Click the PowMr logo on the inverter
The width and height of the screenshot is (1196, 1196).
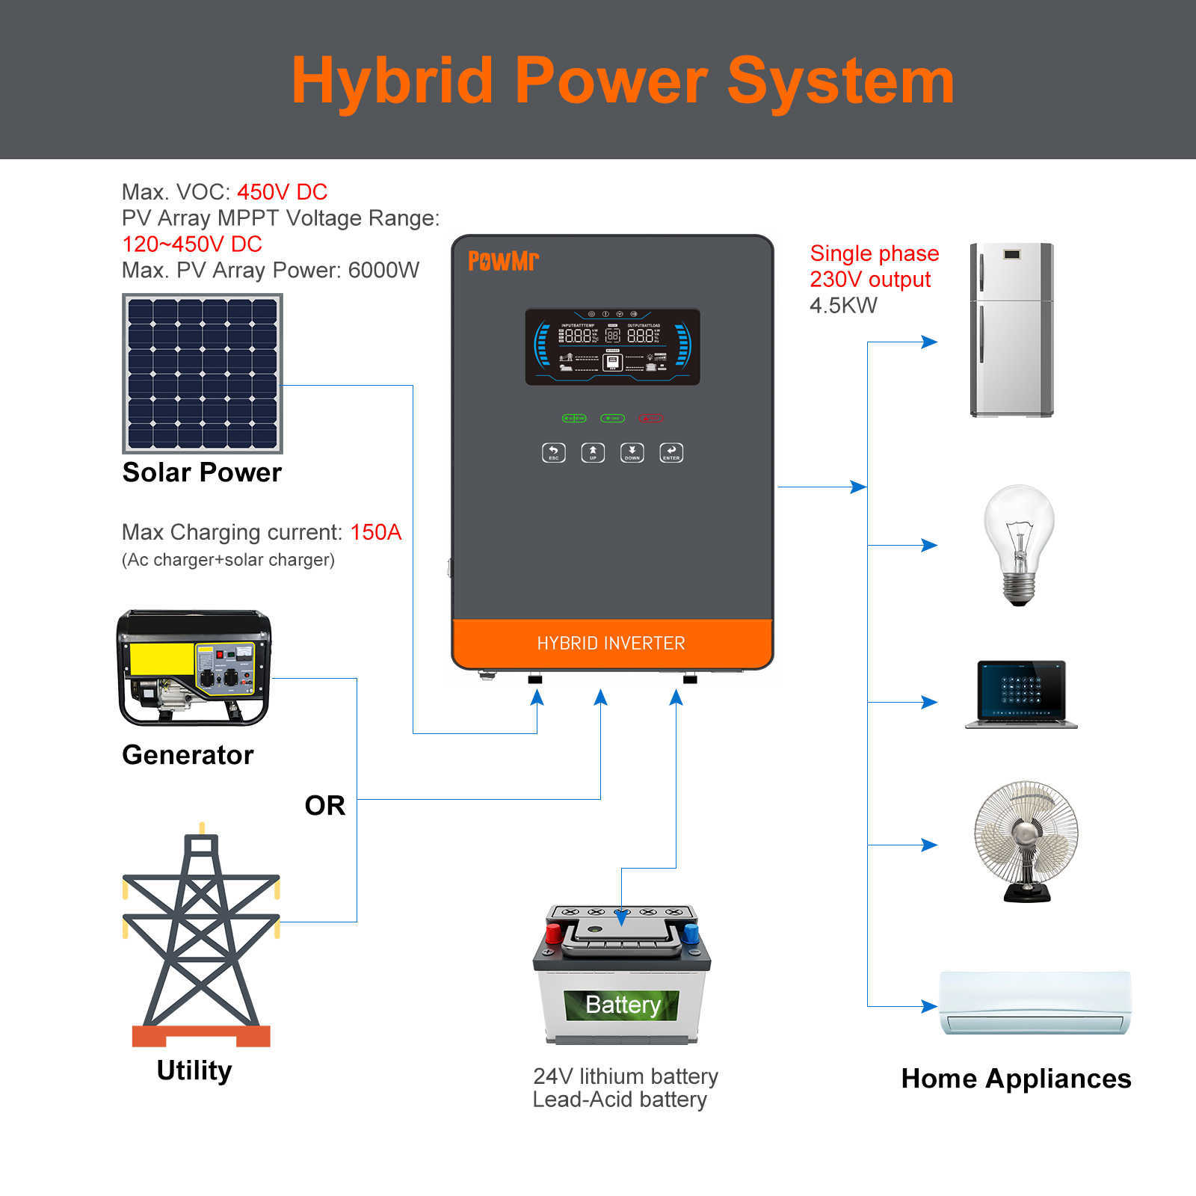pos(503,261)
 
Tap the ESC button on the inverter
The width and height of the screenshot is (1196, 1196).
pos(553,452)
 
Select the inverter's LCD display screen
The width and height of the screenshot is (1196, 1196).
pos(612,347)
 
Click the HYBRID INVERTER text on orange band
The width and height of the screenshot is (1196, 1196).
pos(611,644)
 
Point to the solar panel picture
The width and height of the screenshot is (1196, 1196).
pos(203,373)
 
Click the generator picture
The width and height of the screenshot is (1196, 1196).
pos(194,668)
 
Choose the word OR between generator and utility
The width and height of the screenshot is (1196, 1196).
pos(325,806)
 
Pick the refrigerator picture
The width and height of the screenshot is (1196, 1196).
pos(1011,330)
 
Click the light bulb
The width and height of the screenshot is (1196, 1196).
pos(1018,543)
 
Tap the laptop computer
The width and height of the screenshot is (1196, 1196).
pos(1021,694)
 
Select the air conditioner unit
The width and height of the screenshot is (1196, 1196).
pos(1035,1002)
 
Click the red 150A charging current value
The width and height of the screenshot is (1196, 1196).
pos(376,532)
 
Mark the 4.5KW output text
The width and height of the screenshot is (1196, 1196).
pos(843,306)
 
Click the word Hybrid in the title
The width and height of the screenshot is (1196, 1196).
pos(392,81)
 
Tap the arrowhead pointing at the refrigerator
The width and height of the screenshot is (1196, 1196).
pos(930,342)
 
